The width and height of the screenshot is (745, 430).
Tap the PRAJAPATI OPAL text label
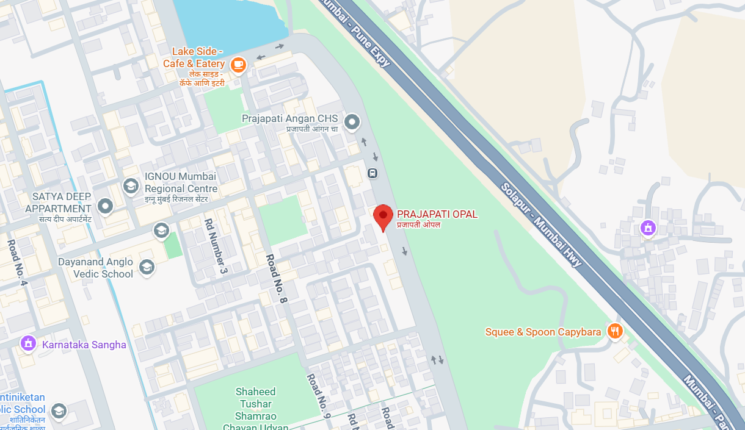click(x=437, y=214)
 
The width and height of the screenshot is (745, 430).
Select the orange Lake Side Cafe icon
click(x=238, y=64)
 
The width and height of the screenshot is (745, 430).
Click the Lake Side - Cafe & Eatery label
click(x=194, y=58)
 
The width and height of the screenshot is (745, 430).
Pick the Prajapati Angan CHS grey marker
click(x=352, y=123)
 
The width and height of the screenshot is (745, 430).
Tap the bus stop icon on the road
click(x=372, y=173)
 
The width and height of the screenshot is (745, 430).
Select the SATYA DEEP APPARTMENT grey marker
click(x=106, y=206)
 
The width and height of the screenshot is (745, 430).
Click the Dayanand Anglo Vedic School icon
click(x=147, y=267)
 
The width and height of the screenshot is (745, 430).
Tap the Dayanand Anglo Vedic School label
click(x=95, y=268)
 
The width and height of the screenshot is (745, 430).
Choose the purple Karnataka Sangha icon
click(x=28, y=343)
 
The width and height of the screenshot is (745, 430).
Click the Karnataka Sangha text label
click(x=84, y=345)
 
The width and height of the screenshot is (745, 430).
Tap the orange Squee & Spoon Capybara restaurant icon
click(x=615, y=331)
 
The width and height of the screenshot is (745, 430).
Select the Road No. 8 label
click(x=276, y=279)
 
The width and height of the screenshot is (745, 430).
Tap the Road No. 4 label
click(x=18, y=263)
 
